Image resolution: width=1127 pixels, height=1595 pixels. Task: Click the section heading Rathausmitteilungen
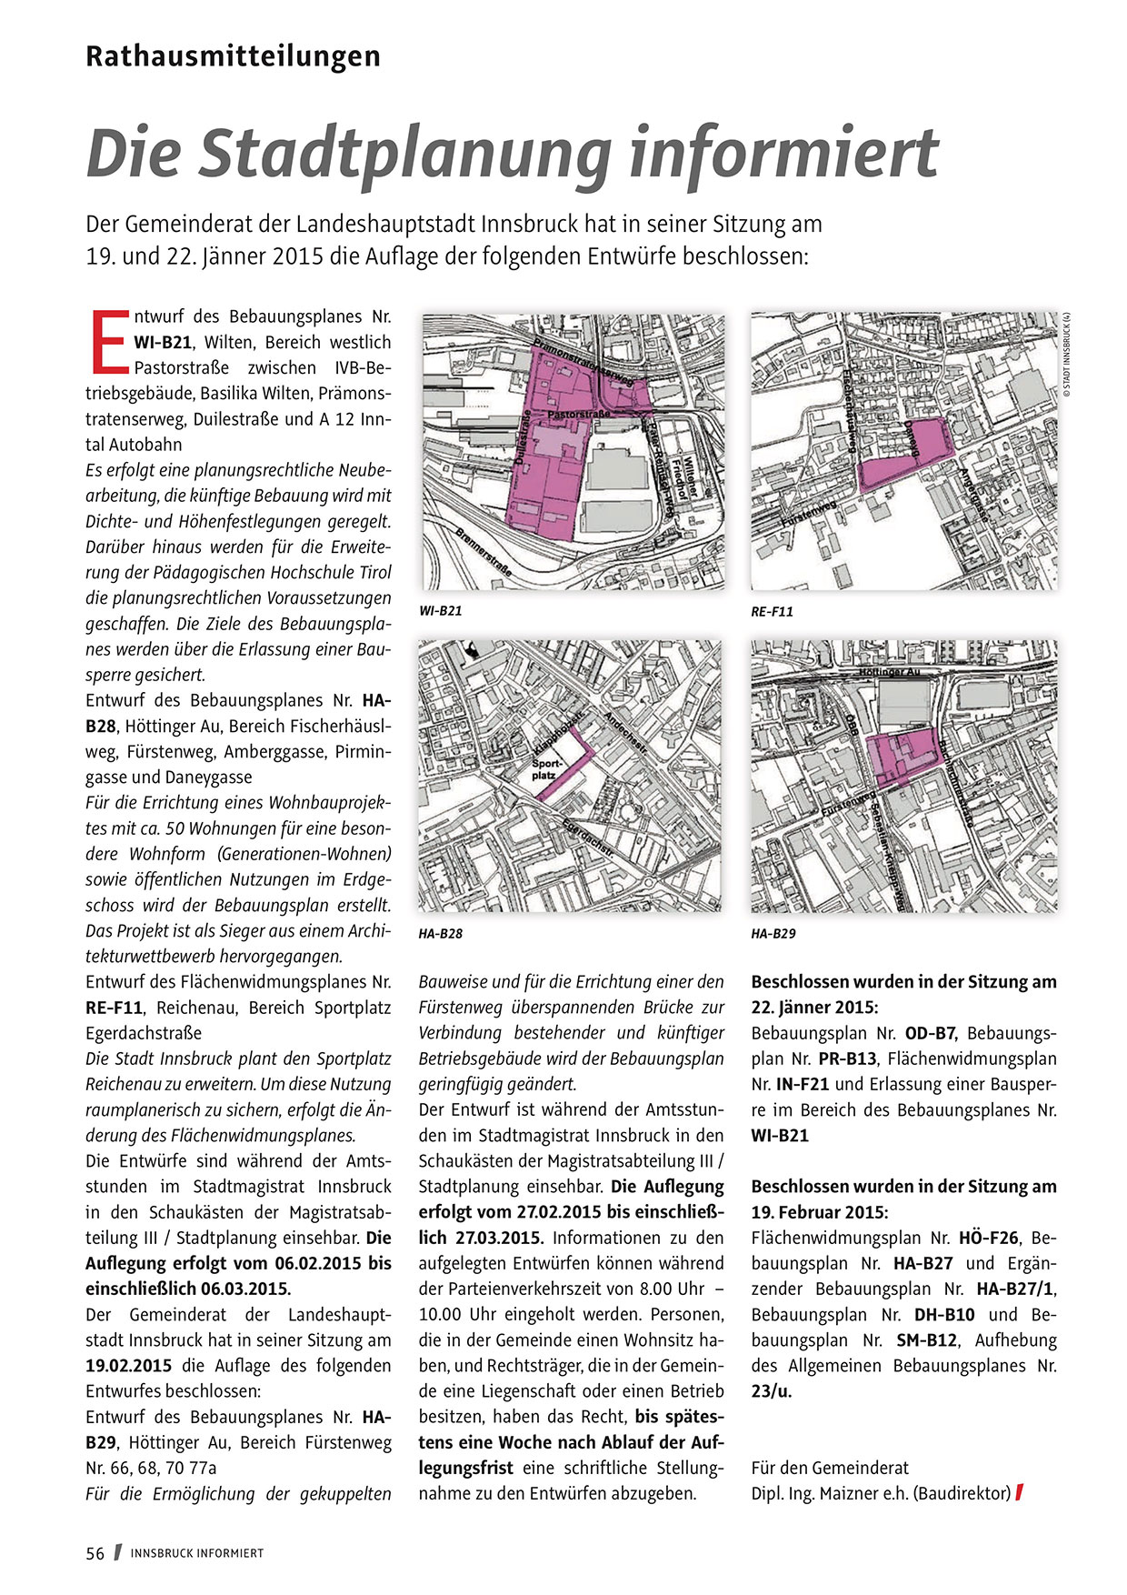[233, 56]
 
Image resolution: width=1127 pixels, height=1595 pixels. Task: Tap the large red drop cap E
[109, 342]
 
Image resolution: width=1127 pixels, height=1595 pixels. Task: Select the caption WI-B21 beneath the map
[441, 611]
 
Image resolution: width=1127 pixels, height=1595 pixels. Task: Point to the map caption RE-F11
[773, 612]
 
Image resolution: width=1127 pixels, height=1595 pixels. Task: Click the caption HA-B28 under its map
[441, 934]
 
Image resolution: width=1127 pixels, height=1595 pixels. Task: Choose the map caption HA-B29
[773, 934]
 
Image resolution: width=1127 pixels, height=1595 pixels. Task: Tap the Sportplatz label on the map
[544, 769]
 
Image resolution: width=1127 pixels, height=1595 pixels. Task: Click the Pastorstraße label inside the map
[577, 415]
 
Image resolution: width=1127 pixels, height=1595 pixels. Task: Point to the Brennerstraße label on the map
[484, 553]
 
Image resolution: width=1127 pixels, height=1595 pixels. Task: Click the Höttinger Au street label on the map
[889, 671]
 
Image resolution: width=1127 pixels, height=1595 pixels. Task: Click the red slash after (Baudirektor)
[1020, 1493]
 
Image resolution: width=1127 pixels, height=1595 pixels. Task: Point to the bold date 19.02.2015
[129, 1366]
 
